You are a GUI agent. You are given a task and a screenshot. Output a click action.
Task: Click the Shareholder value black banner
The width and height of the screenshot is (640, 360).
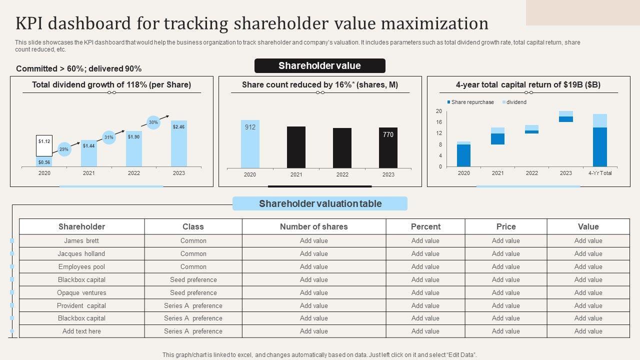pos(320,65)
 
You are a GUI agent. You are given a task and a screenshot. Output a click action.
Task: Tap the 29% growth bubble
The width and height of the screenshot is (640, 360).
pos(64,149)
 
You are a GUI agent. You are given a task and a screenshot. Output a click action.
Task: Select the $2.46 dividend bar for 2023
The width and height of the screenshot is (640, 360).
pos(178,143)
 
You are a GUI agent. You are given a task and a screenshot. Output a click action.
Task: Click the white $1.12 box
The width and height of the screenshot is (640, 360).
pos(44,145)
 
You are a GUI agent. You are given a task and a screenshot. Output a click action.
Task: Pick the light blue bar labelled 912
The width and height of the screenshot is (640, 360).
pos(250,144)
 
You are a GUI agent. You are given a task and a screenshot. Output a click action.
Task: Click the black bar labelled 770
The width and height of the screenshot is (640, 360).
pos(388,147)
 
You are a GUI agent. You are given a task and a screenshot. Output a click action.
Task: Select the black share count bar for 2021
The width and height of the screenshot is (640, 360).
pos(296,147)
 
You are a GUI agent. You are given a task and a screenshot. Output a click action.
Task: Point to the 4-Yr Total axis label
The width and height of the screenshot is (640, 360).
pos(599,173)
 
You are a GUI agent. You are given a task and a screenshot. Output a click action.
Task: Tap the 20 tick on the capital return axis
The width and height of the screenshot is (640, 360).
pos(438,111)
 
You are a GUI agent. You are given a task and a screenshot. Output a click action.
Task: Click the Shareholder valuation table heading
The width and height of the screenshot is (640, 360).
pos(320,203)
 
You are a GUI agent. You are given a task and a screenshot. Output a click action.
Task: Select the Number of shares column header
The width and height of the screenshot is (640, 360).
pos(313,226)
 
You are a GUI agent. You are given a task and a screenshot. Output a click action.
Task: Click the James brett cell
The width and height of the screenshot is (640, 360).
pos(81,240)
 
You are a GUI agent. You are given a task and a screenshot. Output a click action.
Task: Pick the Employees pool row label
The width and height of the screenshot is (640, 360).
pos(81,266)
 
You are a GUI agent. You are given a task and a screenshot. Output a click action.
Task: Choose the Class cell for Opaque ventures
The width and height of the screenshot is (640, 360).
pos(193,292)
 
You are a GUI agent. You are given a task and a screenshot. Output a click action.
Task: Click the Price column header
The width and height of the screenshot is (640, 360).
pos(505,226)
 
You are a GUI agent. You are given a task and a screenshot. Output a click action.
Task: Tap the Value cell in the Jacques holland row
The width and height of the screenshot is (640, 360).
pos(588,253)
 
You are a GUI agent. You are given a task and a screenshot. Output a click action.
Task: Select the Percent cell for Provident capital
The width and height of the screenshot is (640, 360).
pos(425,305)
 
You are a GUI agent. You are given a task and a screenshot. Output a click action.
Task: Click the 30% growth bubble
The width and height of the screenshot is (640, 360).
pos(153,122)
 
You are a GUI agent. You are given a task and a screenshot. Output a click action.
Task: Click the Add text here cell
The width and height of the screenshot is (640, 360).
pos(81,331)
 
